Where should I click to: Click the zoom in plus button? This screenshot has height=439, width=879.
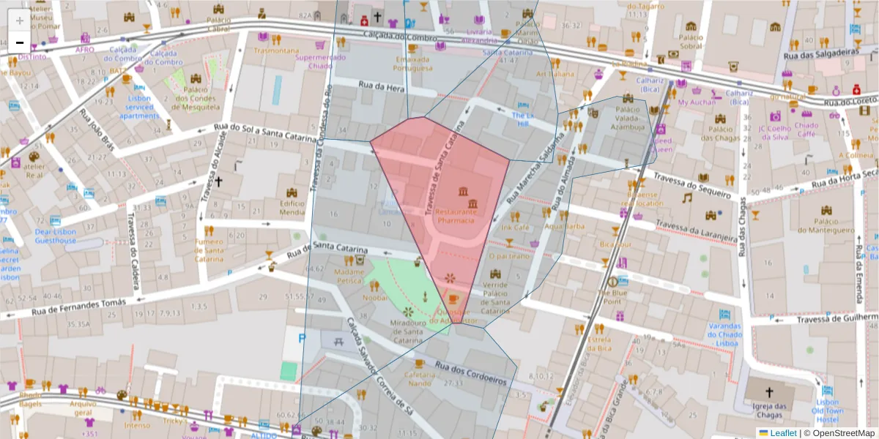[20, 20]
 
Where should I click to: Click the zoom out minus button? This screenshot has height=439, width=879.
[20, 42]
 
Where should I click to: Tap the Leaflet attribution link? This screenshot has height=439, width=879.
[783, 432]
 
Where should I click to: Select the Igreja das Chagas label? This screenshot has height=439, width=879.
[769, 410]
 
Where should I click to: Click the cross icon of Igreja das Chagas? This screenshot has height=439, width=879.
[769, 391]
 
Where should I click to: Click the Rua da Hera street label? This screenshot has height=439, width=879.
[381, 86]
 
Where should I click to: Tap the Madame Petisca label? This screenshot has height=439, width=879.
[349, 276]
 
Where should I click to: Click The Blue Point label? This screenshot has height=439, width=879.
[612, 296]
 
